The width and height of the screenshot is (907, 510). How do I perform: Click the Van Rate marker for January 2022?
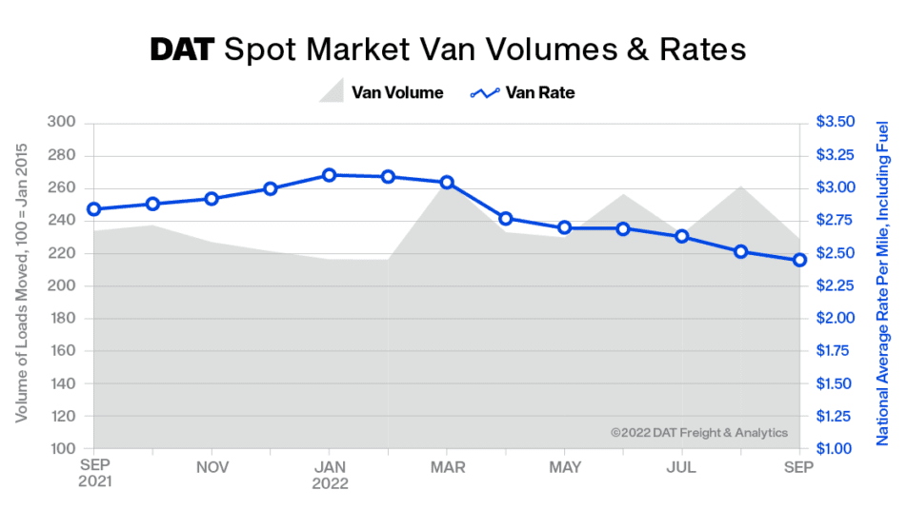(x=329, y=175)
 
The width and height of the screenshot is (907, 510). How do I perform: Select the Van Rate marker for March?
(x=447, y=182)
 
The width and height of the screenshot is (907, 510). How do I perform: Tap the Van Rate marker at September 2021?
(x=93, y=209)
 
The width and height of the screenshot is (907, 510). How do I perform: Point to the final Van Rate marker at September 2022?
(x=799, y=260)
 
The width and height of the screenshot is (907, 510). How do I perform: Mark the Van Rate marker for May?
(x=564, y=228)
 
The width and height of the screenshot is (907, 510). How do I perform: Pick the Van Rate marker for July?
(x=682, y=236)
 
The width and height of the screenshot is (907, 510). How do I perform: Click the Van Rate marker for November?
(x=212, y=199)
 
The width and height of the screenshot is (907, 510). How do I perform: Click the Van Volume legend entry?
(x=381, y=92)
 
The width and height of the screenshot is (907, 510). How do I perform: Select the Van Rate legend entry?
(x=523, y=92)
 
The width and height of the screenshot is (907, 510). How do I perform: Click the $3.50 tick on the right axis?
(x=836, y=123)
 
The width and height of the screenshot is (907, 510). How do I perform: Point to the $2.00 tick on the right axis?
(x=836, y=319)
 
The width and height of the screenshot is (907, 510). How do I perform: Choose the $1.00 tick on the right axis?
(x=836, y=449)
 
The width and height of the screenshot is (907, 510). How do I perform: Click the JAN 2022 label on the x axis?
(x=329, y=475)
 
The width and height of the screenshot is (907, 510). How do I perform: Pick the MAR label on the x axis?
(x=447, y=467)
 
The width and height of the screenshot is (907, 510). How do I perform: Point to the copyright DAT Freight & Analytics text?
(x=699, y=433)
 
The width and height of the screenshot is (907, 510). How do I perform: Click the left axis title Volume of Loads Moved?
(x=21, y=285)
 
